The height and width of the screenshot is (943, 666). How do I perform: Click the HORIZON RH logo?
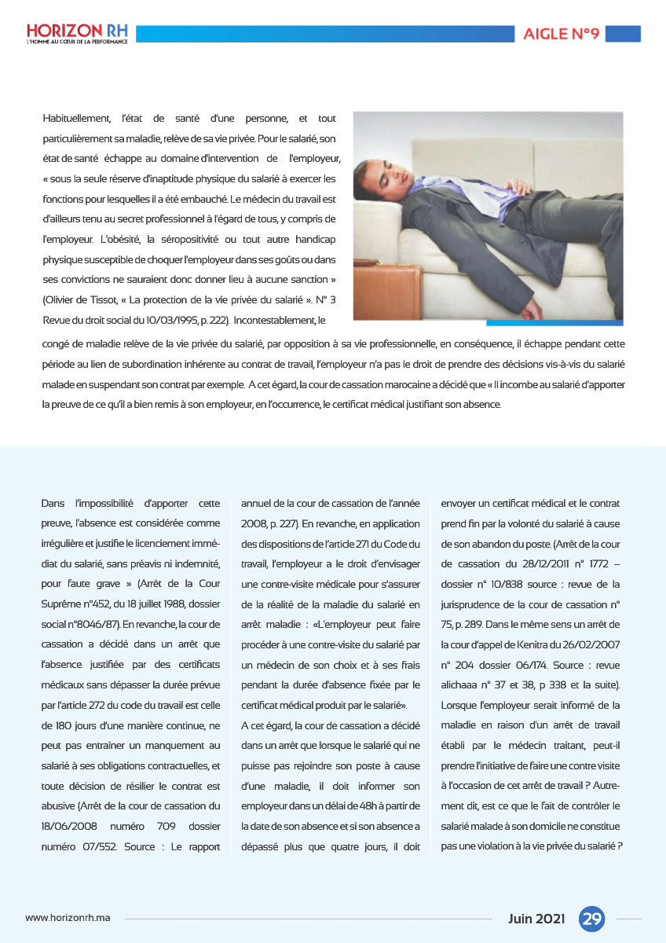tap(75, 33)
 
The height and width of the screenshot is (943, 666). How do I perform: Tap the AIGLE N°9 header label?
tap(562, 34)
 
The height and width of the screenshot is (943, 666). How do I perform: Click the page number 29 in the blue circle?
tap(591, 919)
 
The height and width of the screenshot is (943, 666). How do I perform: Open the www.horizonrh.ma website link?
tap(68, 919)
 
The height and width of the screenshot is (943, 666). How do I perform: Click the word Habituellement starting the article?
tap(76, 119)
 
